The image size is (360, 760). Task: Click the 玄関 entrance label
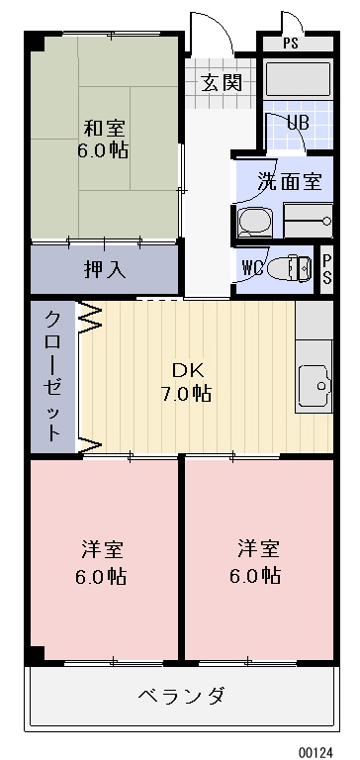222,82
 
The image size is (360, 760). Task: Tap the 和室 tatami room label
104,128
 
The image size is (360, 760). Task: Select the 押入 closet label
104,268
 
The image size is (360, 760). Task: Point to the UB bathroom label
298,124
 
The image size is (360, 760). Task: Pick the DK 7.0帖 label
189,381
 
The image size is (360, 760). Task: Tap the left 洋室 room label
103,561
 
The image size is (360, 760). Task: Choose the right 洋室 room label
257,561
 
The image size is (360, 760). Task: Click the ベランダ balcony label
181,695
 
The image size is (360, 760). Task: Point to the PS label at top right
290,44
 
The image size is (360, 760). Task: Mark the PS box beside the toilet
327,267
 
